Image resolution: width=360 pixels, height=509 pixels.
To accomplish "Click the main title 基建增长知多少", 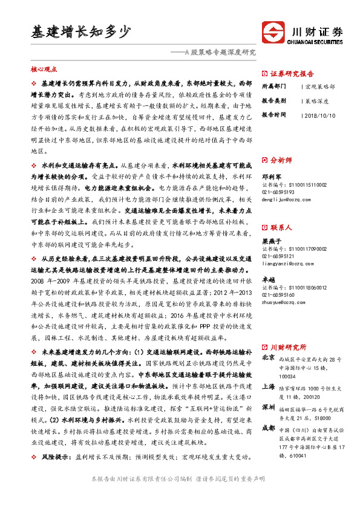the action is tap(81, 31).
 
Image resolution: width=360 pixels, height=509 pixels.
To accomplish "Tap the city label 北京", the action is tap(267, 358).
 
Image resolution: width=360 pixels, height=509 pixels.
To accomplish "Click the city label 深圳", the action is tap(267, 408).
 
